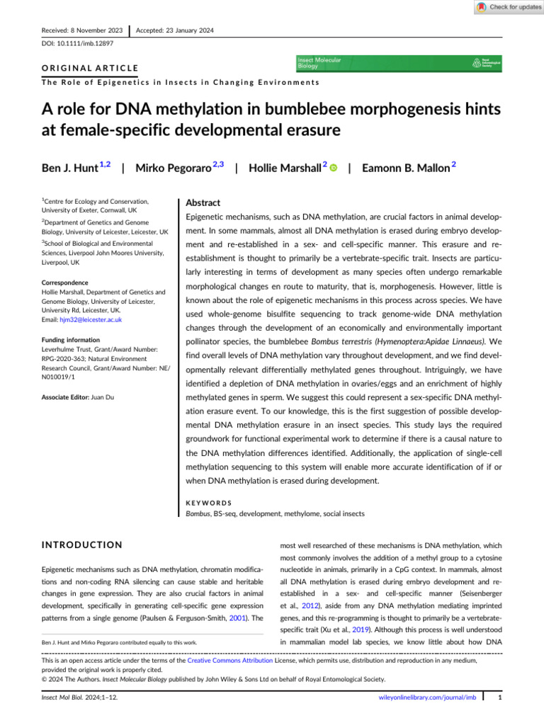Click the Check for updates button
point(506,7)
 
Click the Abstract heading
point(204,202)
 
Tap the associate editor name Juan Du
point(102,398)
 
